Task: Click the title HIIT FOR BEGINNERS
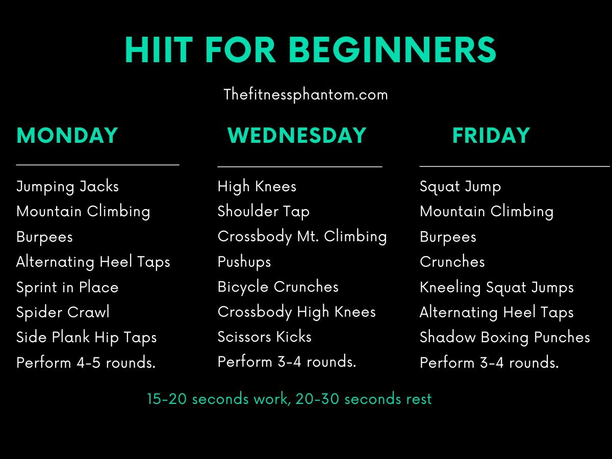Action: [310, 50]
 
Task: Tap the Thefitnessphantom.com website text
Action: [305, 94]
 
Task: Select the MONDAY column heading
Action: [67, 136]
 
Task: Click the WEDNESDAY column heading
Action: [297, 136]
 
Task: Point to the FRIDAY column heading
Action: [491, 136]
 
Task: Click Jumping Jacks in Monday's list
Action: [67, 187]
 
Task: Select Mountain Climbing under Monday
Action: [83, 212]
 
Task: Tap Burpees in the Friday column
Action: [448, 237]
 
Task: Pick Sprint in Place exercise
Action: [67, 287]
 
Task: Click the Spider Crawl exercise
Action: [63, 312]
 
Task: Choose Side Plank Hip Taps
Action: [86, 337]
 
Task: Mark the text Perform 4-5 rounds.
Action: [86, 363]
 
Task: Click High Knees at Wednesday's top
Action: [257, 187]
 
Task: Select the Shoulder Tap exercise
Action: [263, 212]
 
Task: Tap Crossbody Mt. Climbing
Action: [302, 237]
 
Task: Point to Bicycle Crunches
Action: [278, 287]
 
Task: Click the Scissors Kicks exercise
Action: [264, 337]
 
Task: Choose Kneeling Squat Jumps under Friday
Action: [496, 287]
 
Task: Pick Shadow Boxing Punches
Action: [504, 337]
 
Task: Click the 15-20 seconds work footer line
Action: [289, 399]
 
